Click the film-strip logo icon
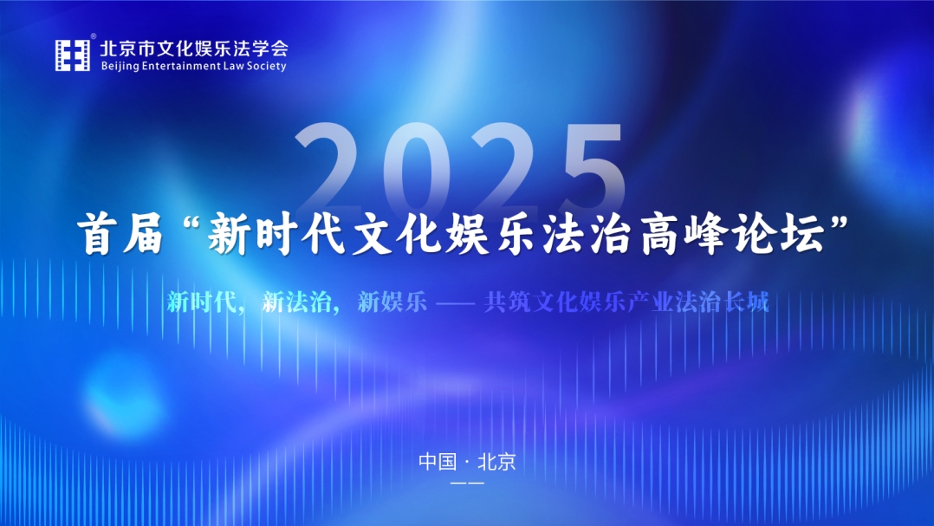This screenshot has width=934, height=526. [73, 55]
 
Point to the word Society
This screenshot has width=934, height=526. [266, 66]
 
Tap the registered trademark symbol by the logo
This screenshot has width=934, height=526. [93, 37]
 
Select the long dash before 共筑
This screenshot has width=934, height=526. [455, 304]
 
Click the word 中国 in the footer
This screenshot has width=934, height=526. [438, 461]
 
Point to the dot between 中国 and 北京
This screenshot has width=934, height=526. [467, 462]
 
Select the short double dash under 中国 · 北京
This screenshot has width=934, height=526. [468, 483]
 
